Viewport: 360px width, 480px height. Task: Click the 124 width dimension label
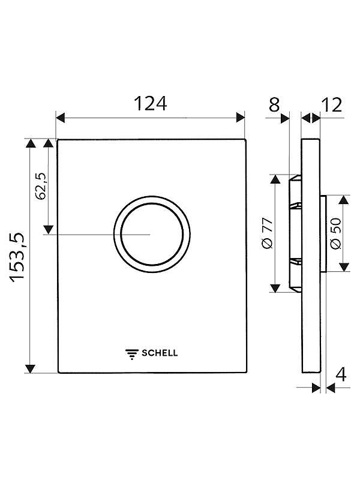[x=151, y=103]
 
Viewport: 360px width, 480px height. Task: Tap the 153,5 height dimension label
[x=17, y=257]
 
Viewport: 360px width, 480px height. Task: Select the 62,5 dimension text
[x=40, y=186]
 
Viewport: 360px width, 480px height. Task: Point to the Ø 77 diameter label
[x=267, y=233]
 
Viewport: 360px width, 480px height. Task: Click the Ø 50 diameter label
[x=336, y=233]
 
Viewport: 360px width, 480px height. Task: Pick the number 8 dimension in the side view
[x=274, y=104]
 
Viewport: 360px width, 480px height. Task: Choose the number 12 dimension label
[x=332, y=105]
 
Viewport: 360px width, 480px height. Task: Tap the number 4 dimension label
[x=340, y=374]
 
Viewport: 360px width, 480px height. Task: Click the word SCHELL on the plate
[x=160, y=353]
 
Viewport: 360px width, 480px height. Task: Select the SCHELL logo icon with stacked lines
[x=132, y=354]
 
